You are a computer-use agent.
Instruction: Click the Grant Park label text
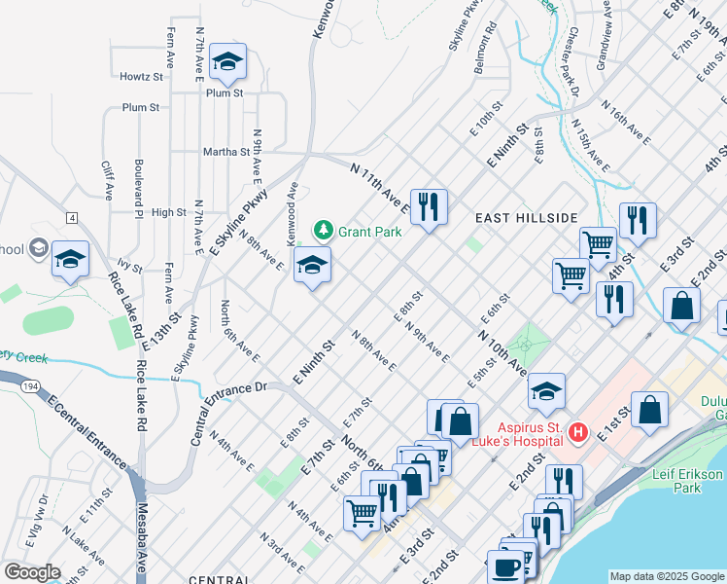click(x=370, y=232)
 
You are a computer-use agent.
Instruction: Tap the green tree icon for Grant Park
click(x=323, y=231)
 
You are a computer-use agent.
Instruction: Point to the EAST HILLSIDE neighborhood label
click(x=527, y=218)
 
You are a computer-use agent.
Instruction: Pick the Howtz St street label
click(x=141, y=77)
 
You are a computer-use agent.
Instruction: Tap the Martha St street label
click(x=226, y=152)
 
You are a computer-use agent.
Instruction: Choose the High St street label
click(x=168, y=212)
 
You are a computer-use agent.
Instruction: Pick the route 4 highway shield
click(x=71, y=216)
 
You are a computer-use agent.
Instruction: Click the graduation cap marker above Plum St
click(x=228, y=62)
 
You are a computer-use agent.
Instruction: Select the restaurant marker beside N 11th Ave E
click(x=429, y=206)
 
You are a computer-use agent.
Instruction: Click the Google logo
click(x=32, y=572)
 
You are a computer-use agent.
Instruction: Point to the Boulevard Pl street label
click(x=139, y=186)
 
